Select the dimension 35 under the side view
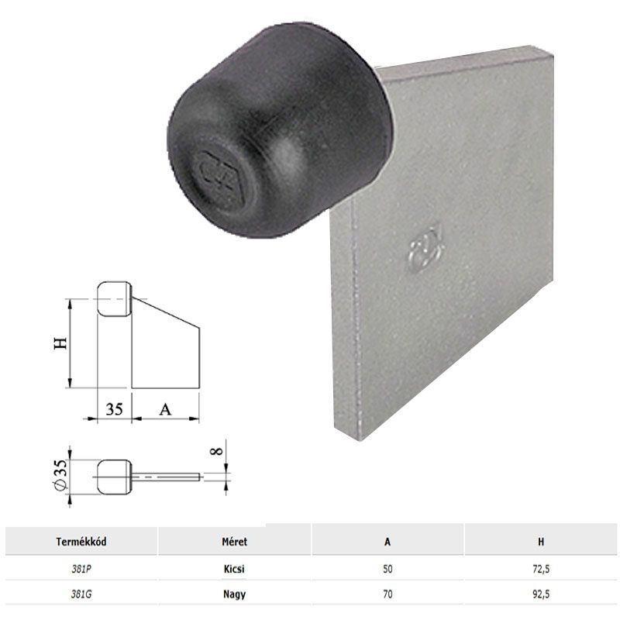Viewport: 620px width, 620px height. [x=114, y=409]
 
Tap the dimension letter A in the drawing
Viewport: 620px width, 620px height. [x=164, y=409]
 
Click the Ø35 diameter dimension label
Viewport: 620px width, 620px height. [x=61, y=474]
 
